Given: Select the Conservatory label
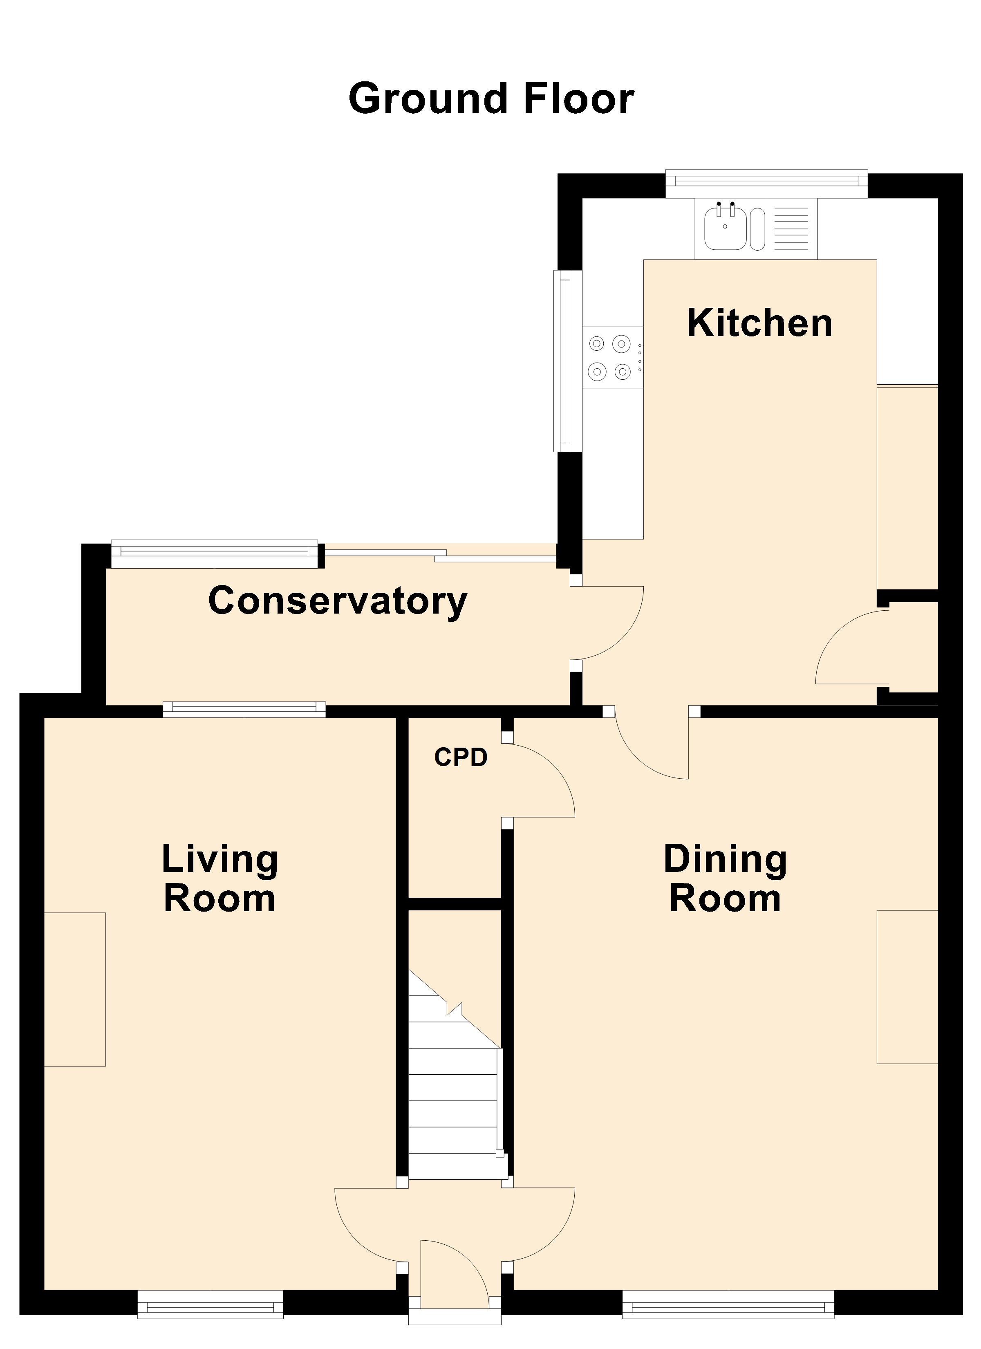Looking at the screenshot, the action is pyautogui.click(x=338, y=601).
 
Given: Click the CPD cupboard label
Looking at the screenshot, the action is pyautogui.click(x=461, y=757).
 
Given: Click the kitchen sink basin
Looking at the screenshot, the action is pyautogui.click(x=725, y=229).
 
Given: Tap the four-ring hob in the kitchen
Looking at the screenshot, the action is pyautogui.click(x=613, y=357).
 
